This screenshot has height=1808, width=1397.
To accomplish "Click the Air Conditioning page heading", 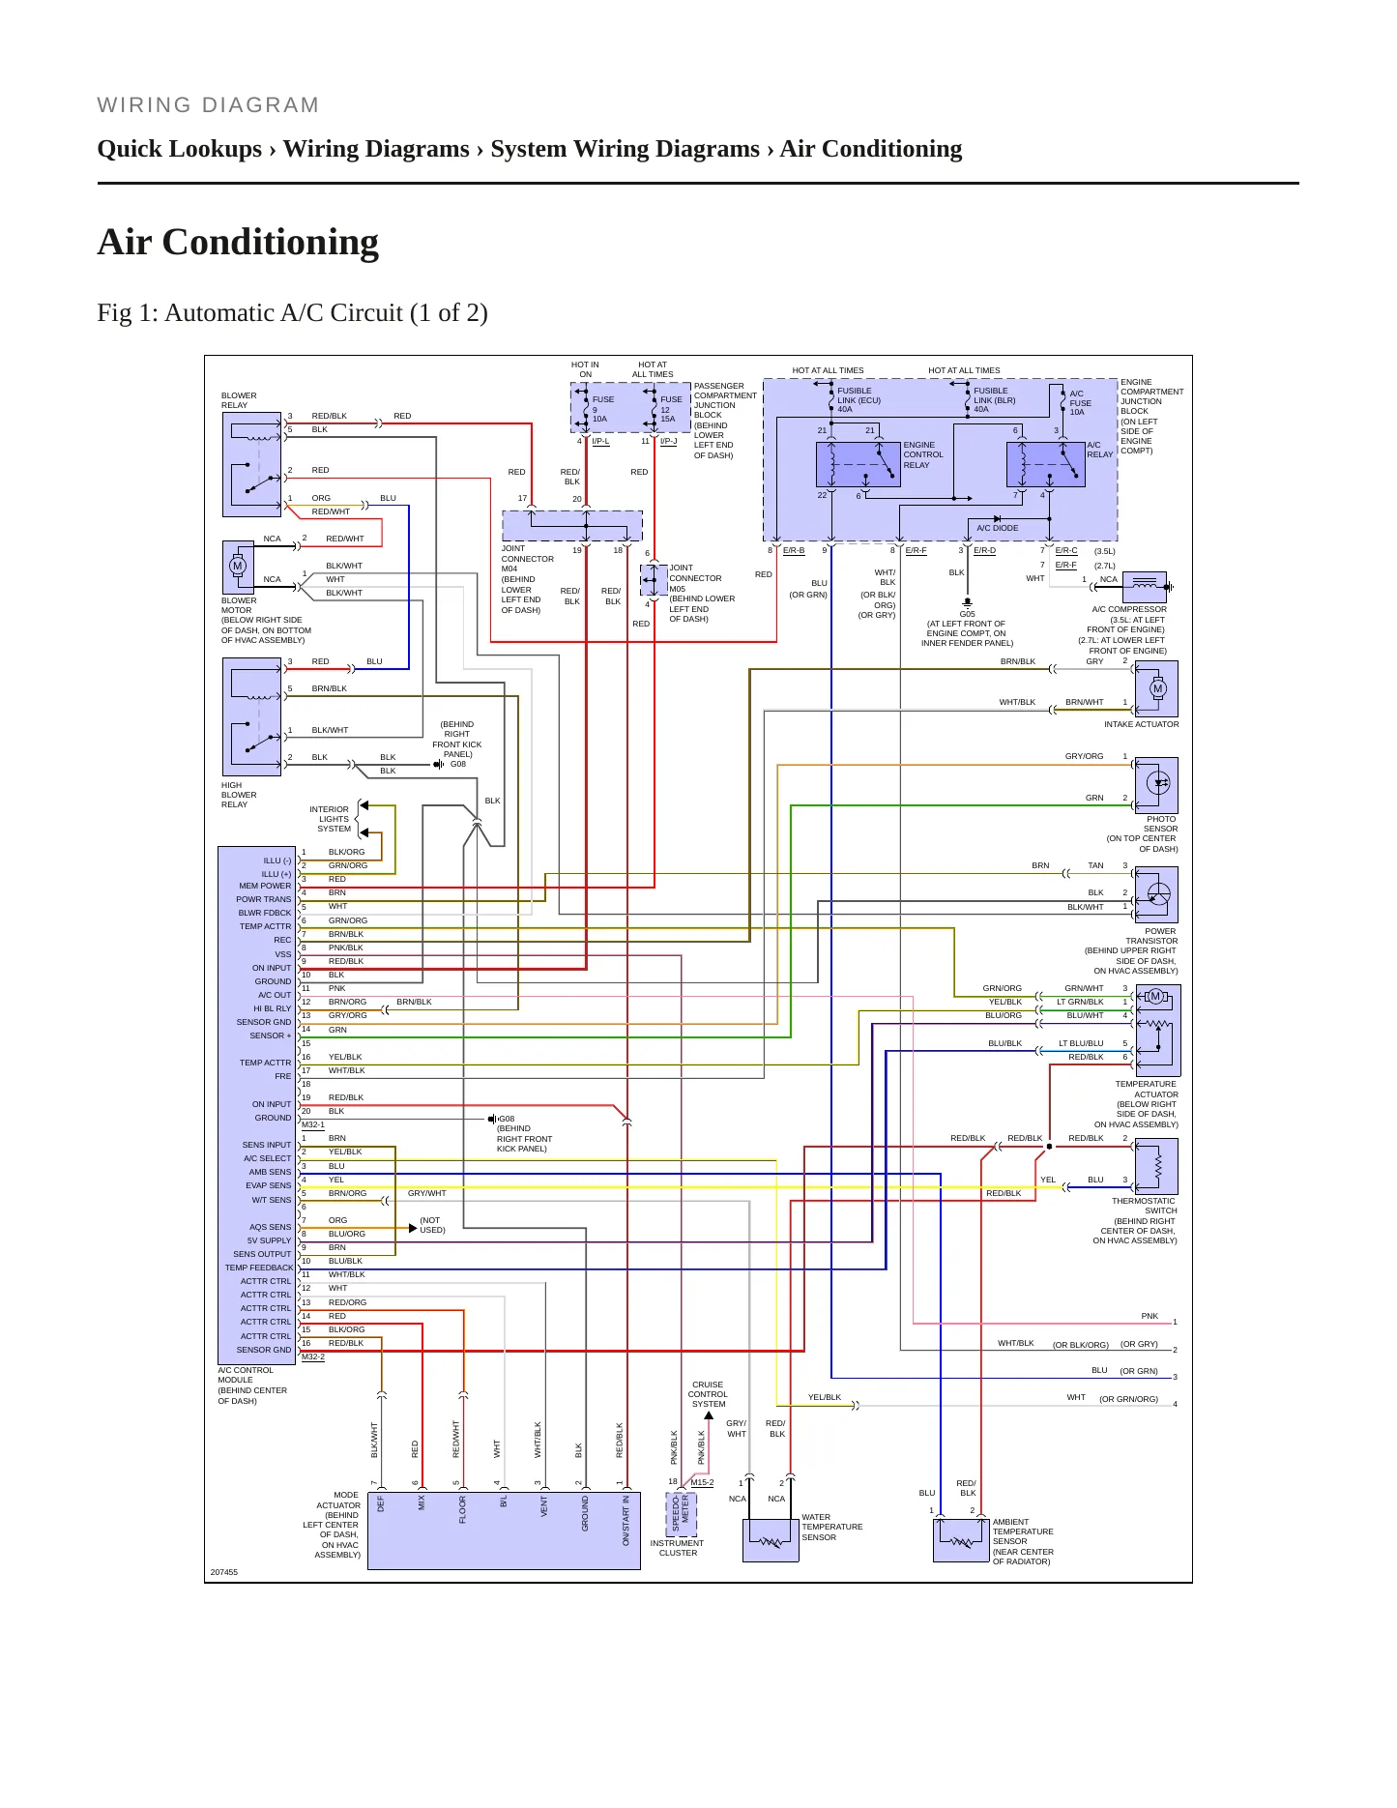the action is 238,242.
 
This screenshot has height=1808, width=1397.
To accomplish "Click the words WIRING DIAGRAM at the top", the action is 208,105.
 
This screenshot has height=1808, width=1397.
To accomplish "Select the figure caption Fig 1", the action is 292,313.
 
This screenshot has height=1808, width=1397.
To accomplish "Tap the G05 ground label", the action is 967,614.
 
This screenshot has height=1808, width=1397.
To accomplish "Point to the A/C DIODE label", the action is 997,528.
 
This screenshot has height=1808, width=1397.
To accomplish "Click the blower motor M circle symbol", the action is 238,566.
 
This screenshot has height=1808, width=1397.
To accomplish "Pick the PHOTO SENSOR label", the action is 1160,824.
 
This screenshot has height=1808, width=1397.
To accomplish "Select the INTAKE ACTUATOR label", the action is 1141,724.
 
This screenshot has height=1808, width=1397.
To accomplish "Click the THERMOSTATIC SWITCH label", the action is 1144,1206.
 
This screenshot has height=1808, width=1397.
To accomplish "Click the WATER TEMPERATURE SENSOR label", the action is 831,1527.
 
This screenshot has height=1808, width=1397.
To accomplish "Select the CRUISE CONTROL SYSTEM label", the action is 708,1394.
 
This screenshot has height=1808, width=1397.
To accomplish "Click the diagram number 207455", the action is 224,1572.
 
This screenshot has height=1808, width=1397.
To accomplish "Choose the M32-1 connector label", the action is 313,1124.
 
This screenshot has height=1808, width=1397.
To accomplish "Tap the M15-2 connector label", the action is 702,1482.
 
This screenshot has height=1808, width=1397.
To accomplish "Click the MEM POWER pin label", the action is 265,886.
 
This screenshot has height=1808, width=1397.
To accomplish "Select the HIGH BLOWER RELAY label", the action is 239,795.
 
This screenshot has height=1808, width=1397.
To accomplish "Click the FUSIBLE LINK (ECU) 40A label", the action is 859,400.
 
